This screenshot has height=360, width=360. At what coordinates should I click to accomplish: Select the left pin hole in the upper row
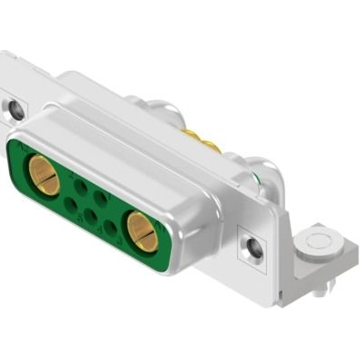pyautogui.click(x=80, y=186)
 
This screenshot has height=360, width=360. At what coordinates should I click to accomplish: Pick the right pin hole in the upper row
pyautogui.click(x=101, y=198)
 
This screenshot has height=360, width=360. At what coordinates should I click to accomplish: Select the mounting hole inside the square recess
pyautogui.click(x=252, y=245)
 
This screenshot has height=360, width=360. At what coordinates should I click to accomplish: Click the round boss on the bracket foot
pyautogui.click(x=320, y=243)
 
